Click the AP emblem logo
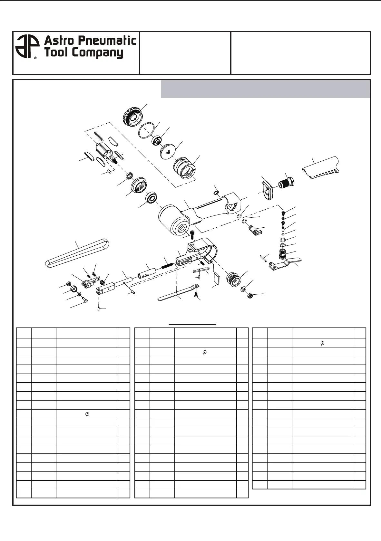[x=26, y=47]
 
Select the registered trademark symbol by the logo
[x=35, y=58]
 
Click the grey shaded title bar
[x=265, y=89]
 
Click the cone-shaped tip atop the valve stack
[x=282, y=213]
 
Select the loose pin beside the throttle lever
[x=263, y=258]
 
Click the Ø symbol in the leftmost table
[x=87, y=414]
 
